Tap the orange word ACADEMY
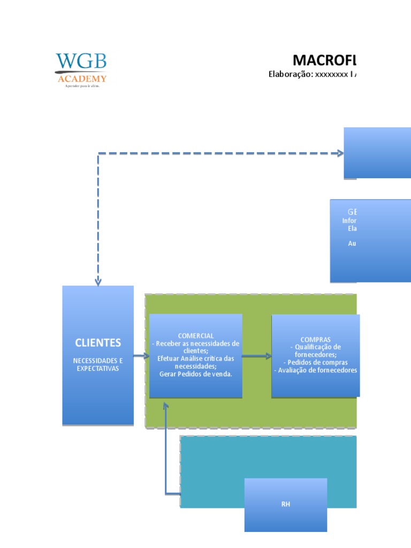[x=81, y=79]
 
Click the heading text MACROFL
[x=324, y=59]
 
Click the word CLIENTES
[x=98, y=342]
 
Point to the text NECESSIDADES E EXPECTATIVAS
[x=98, y=364]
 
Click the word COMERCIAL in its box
[x=196, y=336]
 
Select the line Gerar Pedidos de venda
[x=196, y=374]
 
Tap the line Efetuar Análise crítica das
[x=196, y=359]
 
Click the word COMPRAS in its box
[x=315, y=339]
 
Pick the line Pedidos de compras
[x=315, y=362]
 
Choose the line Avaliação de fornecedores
[x=315, y=370]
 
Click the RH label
[x=285, y=505]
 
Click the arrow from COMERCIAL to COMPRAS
[x=257, y=356]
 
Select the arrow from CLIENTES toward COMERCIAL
[x=141, y=356]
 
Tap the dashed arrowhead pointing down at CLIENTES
[x=98, y=281]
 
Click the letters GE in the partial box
[x=352, y=212]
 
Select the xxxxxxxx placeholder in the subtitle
[x=331, y=74]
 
